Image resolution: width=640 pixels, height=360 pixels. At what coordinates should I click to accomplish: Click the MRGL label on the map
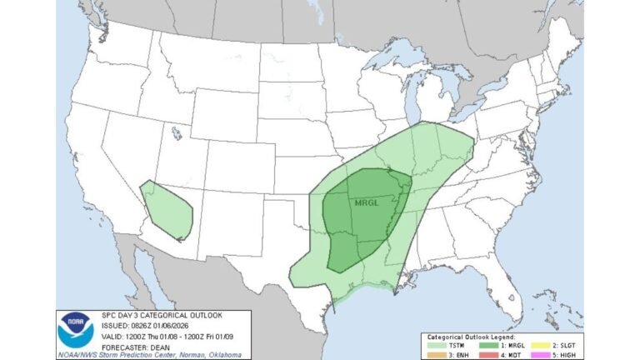tap(367, 202)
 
